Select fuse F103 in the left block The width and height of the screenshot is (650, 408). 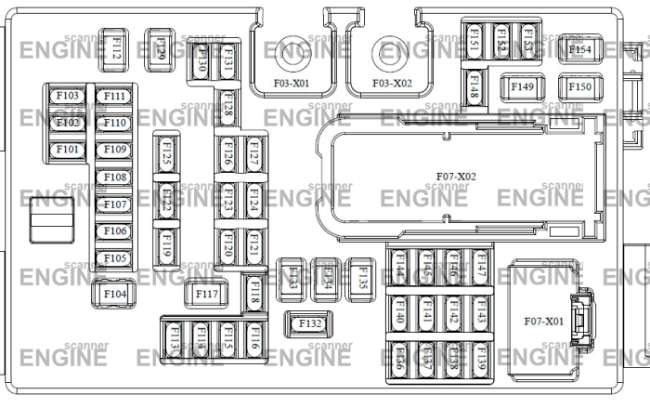coord(69,96)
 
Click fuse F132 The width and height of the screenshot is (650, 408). coord(310,323)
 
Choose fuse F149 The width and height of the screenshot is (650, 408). coord(522,87)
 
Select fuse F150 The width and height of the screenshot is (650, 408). coord(579,87)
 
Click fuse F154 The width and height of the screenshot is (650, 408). coord(579,49)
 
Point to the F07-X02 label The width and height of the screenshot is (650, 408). coord(455,176)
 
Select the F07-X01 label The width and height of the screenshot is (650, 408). coord(541,322)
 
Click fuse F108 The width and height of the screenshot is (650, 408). coord(115,178)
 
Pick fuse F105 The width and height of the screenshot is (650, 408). coord(115,258)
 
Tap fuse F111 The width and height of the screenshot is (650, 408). coord(115,96)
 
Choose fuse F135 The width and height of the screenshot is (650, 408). coord(362,276)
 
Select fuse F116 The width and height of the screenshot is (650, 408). coord(253,340)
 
